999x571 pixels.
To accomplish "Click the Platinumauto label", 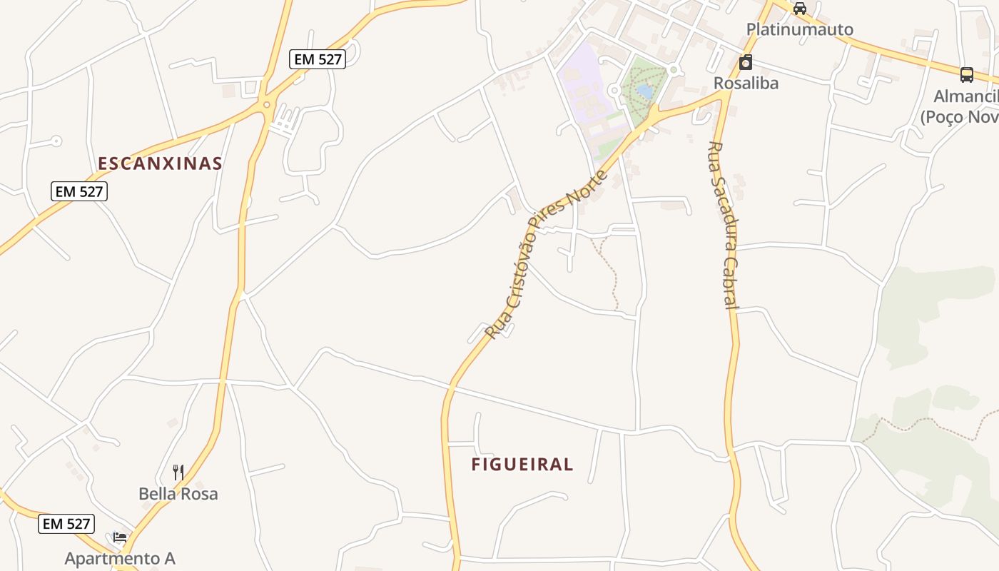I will coord(799,29).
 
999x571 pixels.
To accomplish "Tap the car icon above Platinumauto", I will coord(800,9).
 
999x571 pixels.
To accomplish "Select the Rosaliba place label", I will coord(746,83).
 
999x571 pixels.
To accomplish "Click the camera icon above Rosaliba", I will coord(746,62).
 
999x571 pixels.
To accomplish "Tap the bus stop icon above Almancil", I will coord(967,74).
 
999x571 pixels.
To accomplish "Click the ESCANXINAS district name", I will coord(160,163).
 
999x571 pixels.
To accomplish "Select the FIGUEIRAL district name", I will coord(522,465).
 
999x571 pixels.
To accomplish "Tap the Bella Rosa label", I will coord(178,493).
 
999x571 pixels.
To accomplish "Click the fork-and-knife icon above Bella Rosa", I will coord(178,472).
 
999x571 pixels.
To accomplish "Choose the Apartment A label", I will coord(120,558).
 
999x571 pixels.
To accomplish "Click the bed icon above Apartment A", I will coord(120,537).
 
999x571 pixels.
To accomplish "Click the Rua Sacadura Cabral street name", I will coord(722,225).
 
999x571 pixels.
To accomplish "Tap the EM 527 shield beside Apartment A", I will coord(66,524).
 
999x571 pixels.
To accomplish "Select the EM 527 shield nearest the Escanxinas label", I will coord(79,191).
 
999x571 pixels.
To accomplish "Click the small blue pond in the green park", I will coord(644,91).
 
